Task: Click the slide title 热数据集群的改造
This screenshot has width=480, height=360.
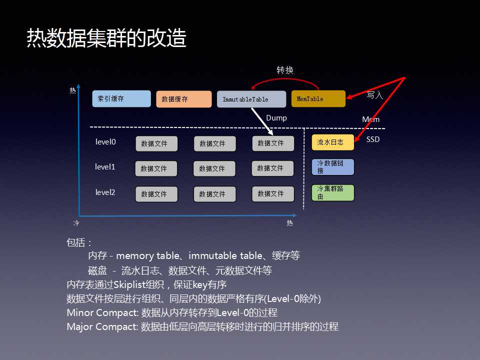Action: point(106,38)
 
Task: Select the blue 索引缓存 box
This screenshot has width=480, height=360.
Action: point(121,98)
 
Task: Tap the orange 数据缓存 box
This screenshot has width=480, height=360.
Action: point(184,99)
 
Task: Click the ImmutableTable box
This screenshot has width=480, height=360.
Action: point(251,99)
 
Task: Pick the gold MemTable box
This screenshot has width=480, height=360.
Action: point(318,98)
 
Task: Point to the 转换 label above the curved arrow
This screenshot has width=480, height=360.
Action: point(285,70)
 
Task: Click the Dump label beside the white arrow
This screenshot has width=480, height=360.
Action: point(276,118)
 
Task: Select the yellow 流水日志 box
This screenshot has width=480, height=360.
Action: point(333,142)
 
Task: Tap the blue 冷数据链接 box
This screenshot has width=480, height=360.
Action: point(333,167)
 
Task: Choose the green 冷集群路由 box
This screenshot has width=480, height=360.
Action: point(333,192)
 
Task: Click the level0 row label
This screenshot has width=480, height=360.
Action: point(105,142)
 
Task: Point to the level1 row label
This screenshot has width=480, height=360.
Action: point(105,167)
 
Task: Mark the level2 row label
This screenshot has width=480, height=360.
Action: point(105,192)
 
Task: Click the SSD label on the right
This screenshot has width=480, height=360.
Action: point(373,139)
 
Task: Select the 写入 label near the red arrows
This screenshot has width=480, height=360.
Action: point(375,94)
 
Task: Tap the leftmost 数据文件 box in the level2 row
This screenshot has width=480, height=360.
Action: point(156,194)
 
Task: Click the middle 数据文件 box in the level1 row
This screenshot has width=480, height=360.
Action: point(214,168)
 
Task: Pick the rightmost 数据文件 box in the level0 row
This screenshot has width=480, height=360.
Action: point(273,143)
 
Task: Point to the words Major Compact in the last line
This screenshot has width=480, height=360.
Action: point(101,327)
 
